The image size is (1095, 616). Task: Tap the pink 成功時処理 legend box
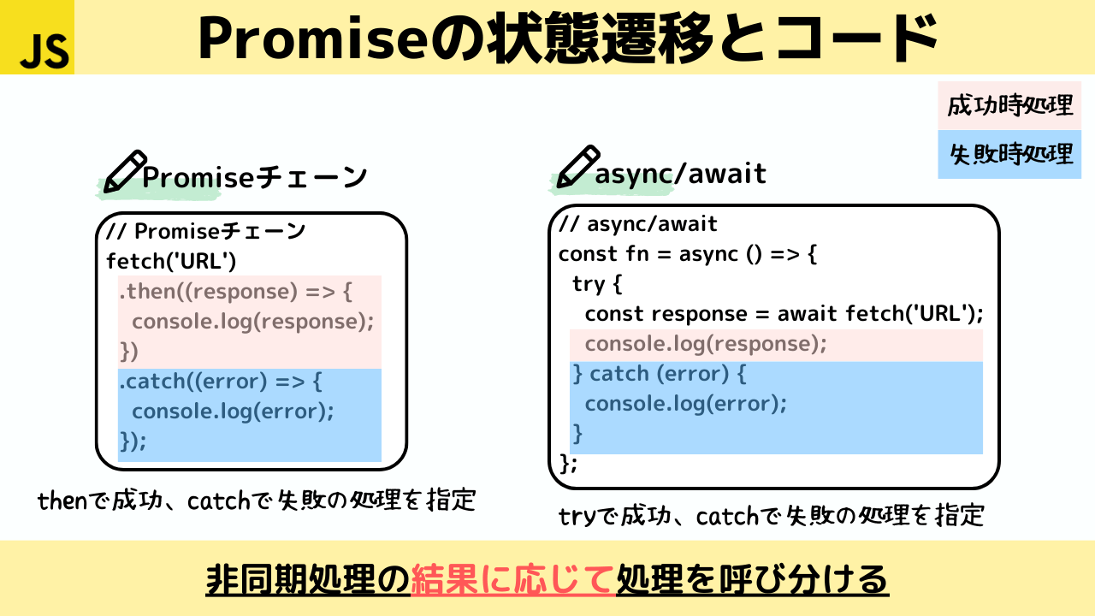(1009, 105)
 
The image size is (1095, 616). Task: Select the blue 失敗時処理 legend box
(1009, 154)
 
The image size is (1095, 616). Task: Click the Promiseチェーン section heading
(254, 177)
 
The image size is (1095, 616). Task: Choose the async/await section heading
(680, 174)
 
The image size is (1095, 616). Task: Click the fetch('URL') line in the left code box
(171, 261)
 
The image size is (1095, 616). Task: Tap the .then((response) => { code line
(235, 292)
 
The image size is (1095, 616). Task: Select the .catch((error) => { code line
(220, 381)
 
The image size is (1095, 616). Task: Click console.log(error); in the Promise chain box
(233, 411)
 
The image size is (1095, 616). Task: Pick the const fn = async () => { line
(688, 254)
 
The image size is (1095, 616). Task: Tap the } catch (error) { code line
(659, 374)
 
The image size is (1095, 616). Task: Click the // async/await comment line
(638, 224)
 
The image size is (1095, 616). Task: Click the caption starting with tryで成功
(771, 516)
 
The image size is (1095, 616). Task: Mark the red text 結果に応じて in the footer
(513, 580)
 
